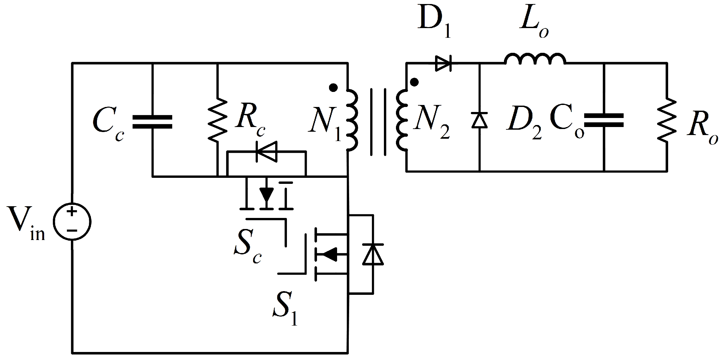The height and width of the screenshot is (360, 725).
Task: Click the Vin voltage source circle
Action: pyautogui.click(x=72, y=222)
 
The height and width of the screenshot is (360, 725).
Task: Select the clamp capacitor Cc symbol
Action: pyautogui.click(x=152, y=122)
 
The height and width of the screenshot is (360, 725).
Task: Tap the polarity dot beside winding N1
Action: pyautogui.click(x=333, y=88)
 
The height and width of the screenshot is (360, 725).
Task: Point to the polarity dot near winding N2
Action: pyautogui.click(x=414, y=82)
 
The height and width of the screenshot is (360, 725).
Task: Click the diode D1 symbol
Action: pyautogui.click(x=443, y=63)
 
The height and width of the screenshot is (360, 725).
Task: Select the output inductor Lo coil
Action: pyautogui.click(x=535, y=59)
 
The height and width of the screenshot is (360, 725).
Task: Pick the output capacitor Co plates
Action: pyautogui.click(x=604, y=120)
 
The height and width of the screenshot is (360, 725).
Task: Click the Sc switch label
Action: pyautogui.click(x=247, y=251)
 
